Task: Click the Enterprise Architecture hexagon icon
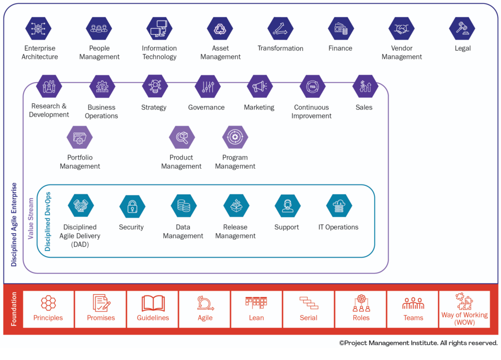39,28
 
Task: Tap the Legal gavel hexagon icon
462,28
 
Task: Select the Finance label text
341,48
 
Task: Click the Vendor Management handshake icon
402,28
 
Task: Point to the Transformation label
280,48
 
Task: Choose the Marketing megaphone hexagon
259,87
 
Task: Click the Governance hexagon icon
207,87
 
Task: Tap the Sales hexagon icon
365,87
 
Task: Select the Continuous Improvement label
312,112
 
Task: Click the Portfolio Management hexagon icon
80,137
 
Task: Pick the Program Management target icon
235,137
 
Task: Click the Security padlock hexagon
132,206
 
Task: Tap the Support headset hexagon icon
287,206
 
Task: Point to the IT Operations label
338,227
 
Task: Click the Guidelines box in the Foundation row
153,309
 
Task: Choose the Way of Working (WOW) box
464,309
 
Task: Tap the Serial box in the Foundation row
309,309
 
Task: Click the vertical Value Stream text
31,218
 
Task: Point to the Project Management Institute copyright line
418,343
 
